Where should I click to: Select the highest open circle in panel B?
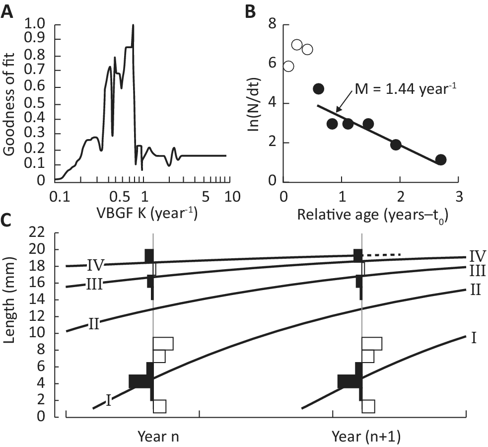pos(297,45)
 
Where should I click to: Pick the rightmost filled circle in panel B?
pos(440,159)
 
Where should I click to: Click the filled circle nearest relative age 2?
pos(396,145)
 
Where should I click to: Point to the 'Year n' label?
pos(159,437)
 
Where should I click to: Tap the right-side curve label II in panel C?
pos(475,289)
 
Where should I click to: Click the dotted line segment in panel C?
pos(382,255)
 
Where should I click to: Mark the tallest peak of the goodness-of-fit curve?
pos(133,25)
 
